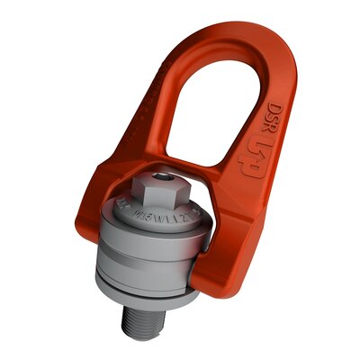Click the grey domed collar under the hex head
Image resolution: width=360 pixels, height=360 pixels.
pyautogui.click(x=153, y=220)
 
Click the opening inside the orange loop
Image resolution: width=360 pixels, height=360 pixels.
pyautogui.click(x=227, y=108)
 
